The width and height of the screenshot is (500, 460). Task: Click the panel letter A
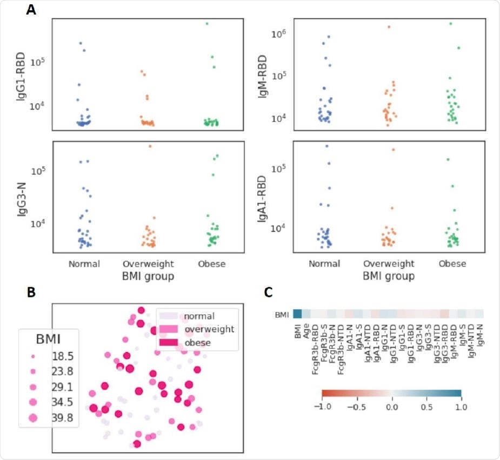[32, 11]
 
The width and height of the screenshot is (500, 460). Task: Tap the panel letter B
[32, 292]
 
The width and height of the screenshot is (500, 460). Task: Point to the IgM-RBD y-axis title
[262, 74]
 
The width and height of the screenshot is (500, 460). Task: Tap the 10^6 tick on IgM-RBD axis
[279, 33]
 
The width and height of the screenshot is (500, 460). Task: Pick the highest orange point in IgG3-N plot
[150, 146]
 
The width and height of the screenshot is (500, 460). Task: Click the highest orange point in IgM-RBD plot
[389, 26]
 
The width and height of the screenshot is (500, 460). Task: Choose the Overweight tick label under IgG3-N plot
[148, 264]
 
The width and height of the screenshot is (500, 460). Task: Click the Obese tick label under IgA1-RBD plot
[452, 264]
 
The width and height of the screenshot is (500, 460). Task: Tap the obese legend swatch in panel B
[169, 342]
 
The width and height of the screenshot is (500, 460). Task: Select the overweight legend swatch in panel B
[169, 329]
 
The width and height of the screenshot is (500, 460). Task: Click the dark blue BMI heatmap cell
[297, 314]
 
